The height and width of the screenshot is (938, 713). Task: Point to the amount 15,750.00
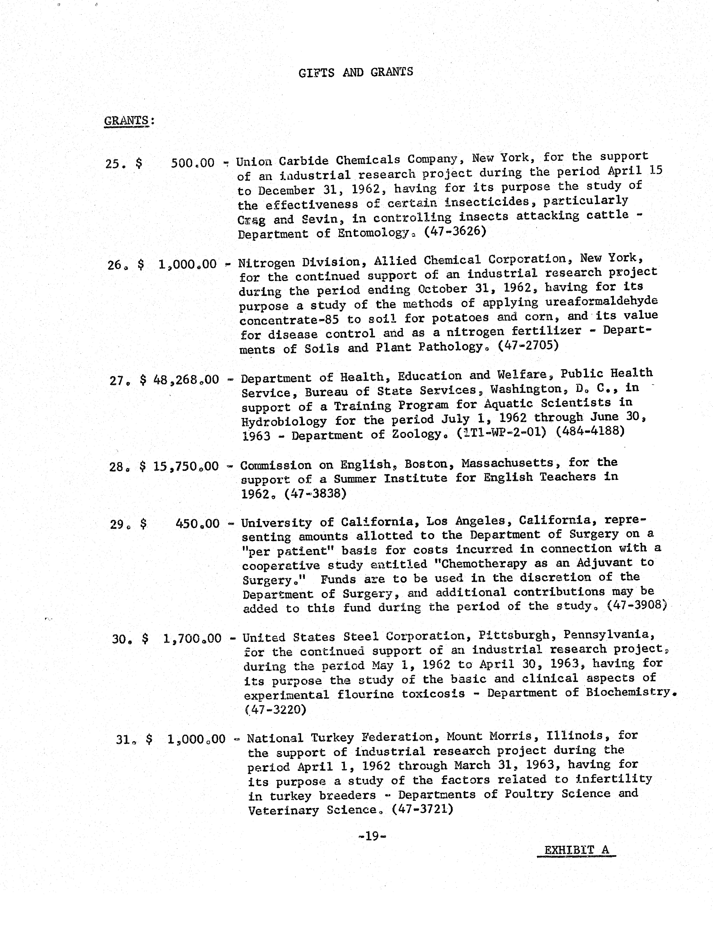click(186, 467)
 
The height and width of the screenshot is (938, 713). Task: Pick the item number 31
click(126, 739)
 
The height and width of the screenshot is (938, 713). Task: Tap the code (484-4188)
click(590, 431)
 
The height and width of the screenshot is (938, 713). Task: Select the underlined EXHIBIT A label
click(576, 850)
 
